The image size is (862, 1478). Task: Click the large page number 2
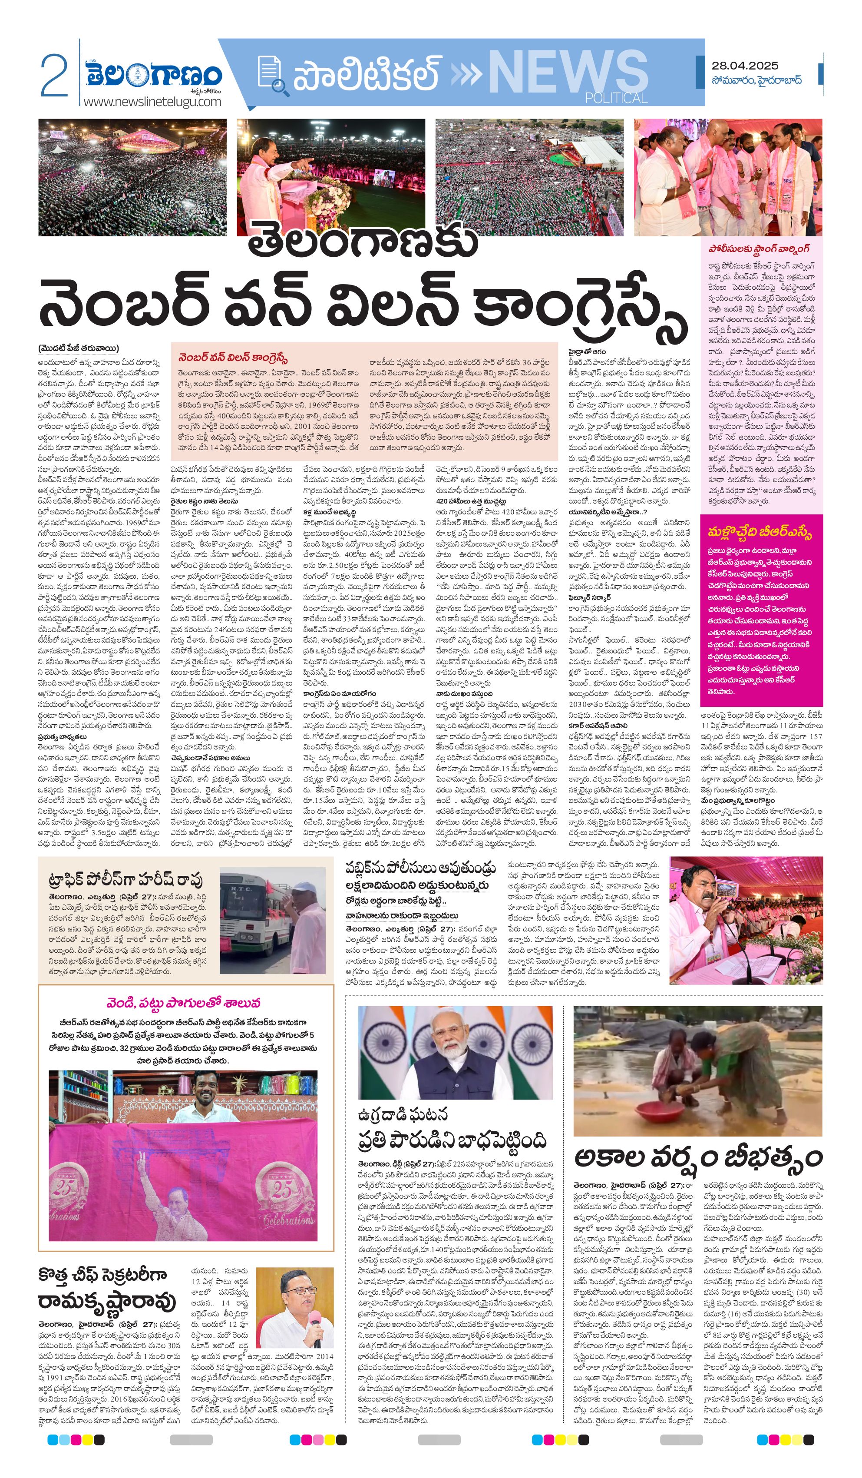click(x=54, y=75)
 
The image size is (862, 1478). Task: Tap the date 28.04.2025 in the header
click(x=745, y=66)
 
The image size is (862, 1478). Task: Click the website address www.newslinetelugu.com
click(x=152, y=102)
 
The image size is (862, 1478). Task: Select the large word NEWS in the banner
click(x=567, y=72)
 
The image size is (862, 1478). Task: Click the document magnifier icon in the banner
click(x=273, y=75)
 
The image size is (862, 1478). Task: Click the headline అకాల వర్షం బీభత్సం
click(x=698, y=1157)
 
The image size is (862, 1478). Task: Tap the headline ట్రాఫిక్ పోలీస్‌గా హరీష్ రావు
click(x=126, y=880)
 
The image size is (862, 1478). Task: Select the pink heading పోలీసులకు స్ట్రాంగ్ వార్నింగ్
click(x=758, y=249)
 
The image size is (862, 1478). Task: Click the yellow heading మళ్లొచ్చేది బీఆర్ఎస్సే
click(x=760, y=532)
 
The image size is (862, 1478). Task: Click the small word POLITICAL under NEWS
click(x=616, y=97)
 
